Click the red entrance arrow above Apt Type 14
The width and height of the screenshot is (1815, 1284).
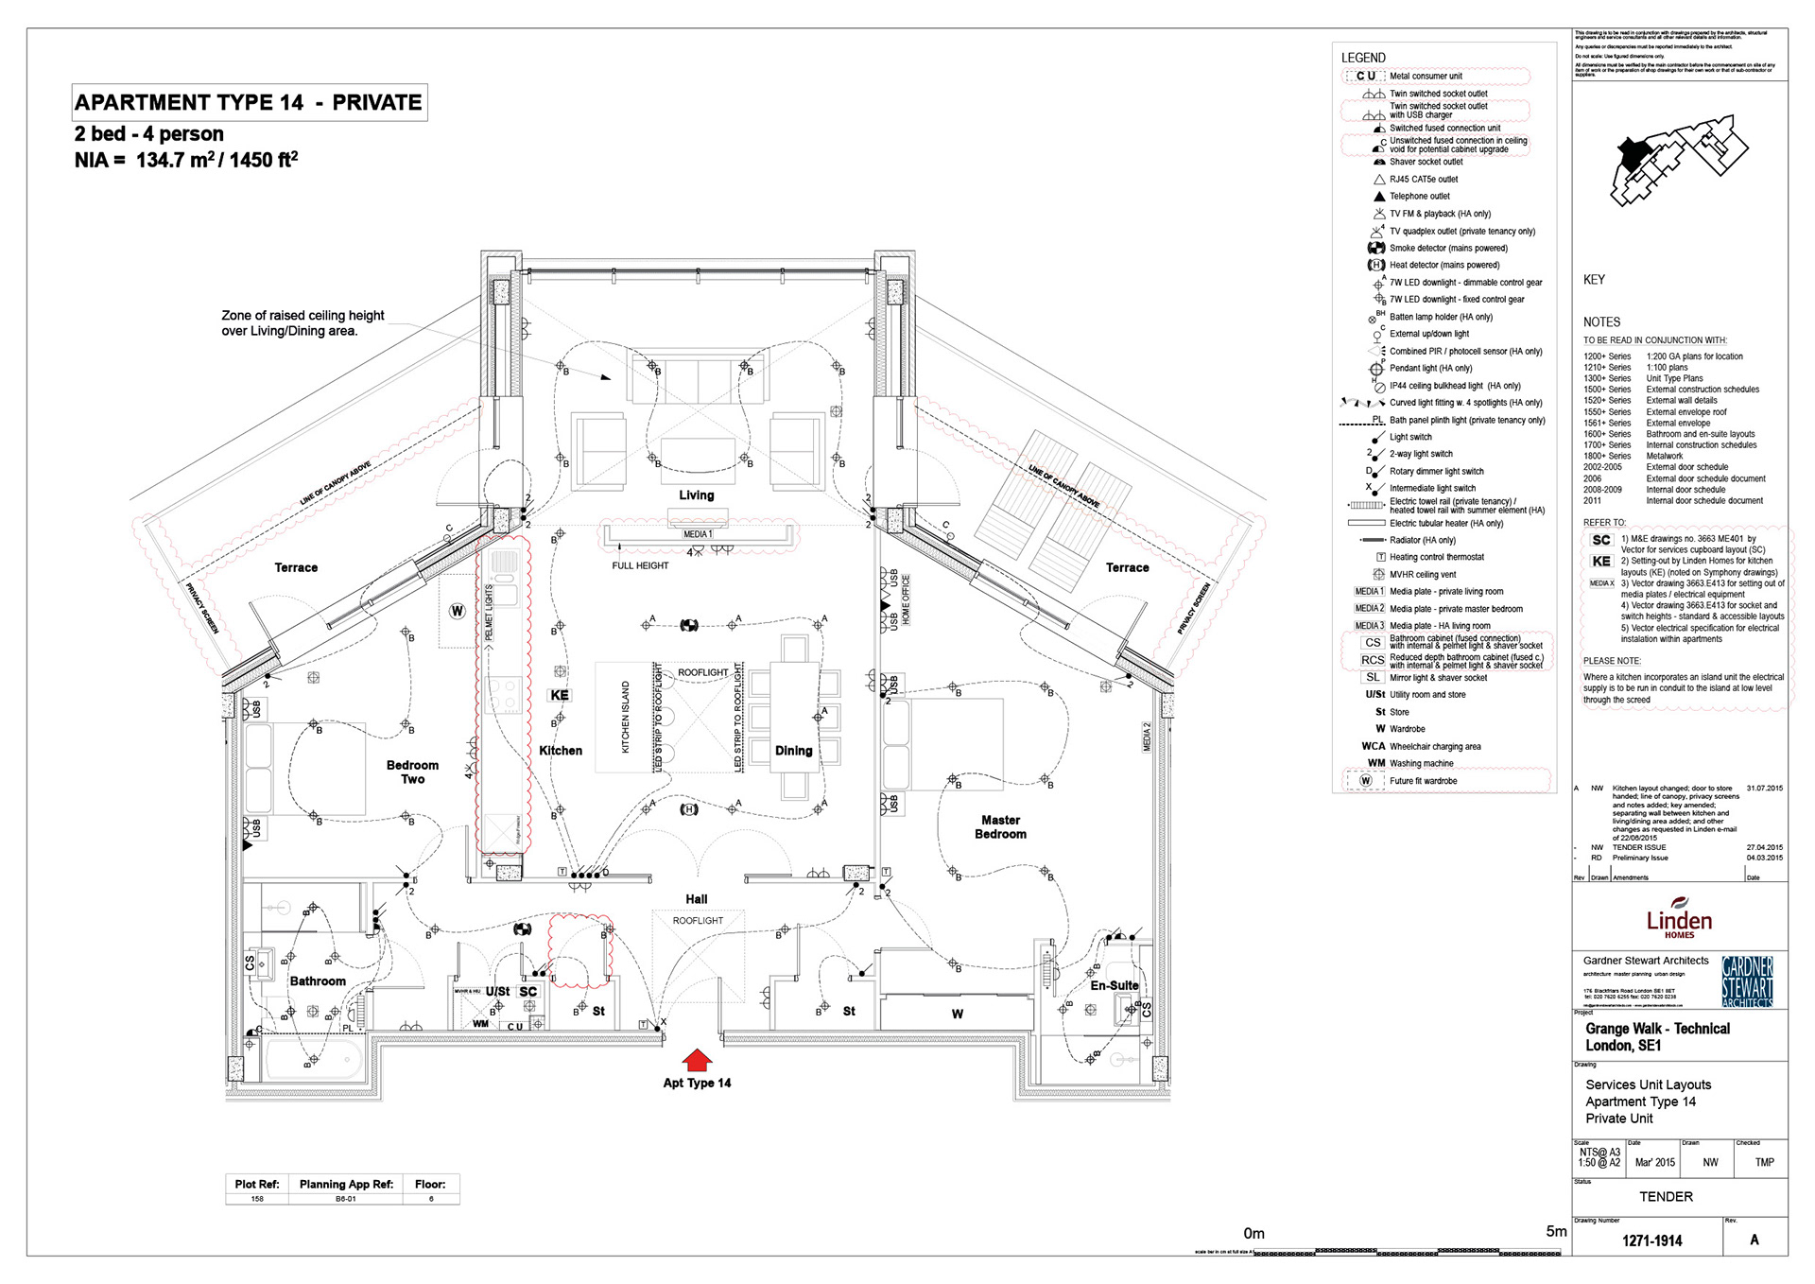pyautogui.click(x=697, y=1060)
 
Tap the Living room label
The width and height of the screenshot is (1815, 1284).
pyautogui.click(x=697, y=495)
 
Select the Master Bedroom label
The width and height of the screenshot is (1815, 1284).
pyautogui.click(x=1000, y=827)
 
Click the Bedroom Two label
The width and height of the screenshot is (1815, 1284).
pyautogui.click(x=412, y=772)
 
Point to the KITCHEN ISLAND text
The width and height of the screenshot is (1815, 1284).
pyautogui.click(x=625, y=717)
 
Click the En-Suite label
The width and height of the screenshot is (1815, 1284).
pyautogui.click(x=1115, y=985)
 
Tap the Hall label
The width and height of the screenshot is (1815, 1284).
pyautogui.click(x=697, y=899)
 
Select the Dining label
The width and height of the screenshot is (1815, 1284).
pyautogui.click(x=793, y=751)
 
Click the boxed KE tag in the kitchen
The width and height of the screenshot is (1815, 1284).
pyautogui.click(x=560, y=695)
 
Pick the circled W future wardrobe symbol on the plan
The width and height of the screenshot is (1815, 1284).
pyautogui.click(x=458, y=611)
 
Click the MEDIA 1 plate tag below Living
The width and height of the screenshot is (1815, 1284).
pyautogui.click(x=698, y=534)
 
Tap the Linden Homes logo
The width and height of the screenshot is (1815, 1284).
pyautogui.click(x=1679, y=918)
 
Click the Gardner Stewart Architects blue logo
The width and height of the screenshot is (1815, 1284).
pyautogui.click(x=1747, y=981)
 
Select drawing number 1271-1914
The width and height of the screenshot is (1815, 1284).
pyautogui.click(x=1651, y=1241)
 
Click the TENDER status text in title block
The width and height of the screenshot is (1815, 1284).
pyautogui.click(x=1666, y=1197)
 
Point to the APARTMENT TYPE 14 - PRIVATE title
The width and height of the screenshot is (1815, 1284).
pyautogui.click(x=249, y=102)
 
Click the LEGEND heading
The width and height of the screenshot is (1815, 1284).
pyautogui.click(x=1363, y=58)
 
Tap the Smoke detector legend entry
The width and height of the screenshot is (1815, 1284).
pyautogui.click(x=1448, y=248)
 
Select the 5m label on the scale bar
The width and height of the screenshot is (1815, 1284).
pyautogui.click(x=1556, y=1231)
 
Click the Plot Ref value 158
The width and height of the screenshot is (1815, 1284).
pyautogui.click(x=257, y=1199)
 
